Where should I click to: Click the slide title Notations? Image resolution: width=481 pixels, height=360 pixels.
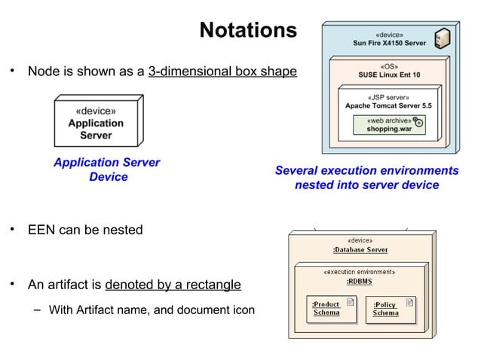(x=248, y=30)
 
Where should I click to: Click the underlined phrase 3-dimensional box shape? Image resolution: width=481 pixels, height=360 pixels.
(x=222, y=72)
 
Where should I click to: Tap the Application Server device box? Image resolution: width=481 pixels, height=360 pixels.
(x=97, y=123)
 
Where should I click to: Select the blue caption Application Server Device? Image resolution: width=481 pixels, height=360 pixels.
(x=106, y=169)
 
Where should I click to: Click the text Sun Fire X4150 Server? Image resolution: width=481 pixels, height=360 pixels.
(x=389, y=44)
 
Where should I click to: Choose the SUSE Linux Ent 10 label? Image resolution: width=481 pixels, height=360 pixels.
(x=389, y=75)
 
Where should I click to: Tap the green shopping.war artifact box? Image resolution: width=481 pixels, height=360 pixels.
(x=390, y=125)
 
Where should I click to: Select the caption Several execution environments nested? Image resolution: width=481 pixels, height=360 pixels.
(x=366, y=178)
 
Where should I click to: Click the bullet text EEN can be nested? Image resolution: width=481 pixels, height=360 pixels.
(x=85, y=230)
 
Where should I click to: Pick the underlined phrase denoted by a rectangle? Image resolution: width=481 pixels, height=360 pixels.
(x=173, y=285)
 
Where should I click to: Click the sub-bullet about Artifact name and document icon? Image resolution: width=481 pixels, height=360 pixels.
(x=151, y=310)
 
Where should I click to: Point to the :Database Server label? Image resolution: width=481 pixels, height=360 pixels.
(x=360, y=249)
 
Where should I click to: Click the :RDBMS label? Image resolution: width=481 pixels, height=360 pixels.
(x=359, y=281)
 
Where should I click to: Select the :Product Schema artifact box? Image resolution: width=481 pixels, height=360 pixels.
(x=329, y=309)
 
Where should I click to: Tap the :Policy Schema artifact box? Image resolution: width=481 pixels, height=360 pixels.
(x=391, y=309)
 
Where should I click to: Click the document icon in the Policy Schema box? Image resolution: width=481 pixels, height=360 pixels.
(x=409, y=304)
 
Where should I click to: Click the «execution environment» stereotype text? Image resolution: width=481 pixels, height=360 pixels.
(x=360, y=272)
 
